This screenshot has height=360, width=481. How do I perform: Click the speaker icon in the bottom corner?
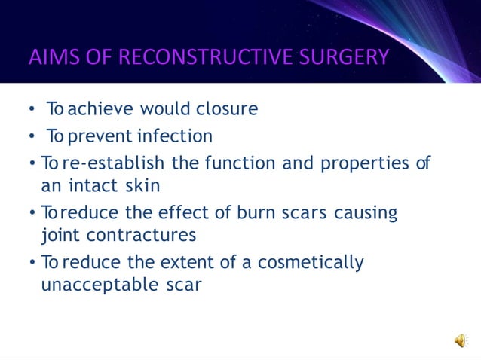460,341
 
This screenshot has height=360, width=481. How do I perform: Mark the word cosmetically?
311,263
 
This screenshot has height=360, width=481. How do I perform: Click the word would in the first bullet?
166,109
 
